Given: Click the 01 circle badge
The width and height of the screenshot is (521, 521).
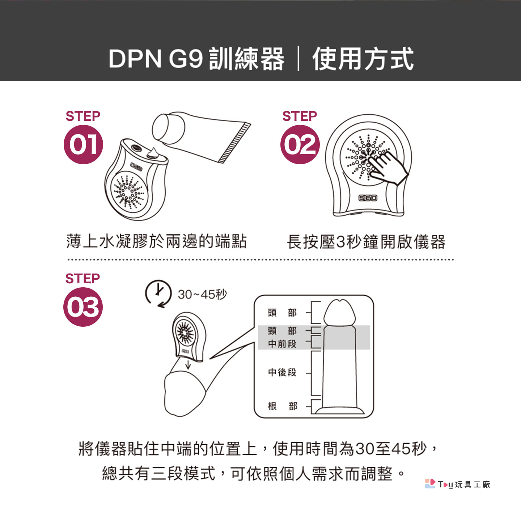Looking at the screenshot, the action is (x=83, y=144).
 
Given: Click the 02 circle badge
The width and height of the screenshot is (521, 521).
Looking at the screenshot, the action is (x=300, y=144).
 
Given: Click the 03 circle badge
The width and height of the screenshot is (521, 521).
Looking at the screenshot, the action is (x=83, y=307).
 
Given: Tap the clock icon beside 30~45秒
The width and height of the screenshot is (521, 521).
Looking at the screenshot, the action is (x=158, y=294).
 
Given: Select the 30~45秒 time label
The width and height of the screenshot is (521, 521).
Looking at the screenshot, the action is (x=202, y=295).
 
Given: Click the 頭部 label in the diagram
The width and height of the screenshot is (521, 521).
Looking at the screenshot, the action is (x=282, y=313).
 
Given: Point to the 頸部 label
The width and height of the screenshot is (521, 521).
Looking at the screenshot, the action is (x=282, y=330).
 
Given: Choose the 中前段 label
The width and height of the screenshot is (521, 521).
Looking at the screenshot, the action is (x=282, y=344).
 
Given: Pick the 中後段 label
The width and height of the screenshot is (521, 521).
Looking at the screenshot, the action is (x=282, y=372).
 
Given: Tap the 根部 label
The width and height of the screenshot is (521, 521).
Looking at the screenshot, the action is (x=282, y=406).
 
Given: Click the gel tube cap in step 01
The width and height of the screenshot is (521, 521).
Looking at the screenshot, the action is (x=169, y=128).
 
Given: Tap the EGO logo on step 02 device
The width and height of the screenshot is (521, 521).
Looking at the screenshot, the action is (x=368, y=198).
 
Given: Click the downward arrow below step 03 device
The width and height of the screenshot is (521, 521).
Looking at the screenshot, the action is (x=188, y=365).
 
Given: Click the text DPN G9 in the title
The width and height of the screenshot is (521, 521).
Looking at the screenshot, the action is (x=156, y=59).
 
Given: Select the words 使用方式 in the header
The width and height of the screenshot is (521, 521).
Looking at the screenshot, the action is (x=363, y=58).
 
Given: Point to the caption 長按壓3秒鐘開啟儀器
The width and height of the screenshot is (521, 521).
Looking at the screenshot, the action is (x=366, y=241).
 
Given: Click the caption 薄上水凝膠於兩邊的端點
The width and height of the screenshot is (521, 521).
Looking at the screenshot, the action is (x=157, y=241).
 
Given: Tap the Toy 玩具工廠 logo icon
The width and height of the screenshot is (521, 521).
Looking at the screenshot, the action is (x=430, y=484).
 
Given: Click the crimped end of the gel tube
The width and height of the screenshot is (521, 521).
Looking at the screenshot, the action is (x=234, y=143).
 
